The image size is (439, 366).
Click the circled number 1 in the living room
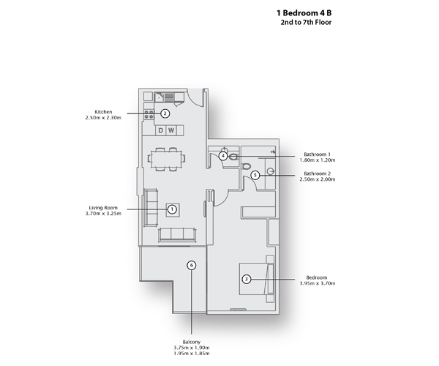coord(172,209)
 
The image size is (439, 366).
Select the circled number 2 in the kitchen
coord(165,113)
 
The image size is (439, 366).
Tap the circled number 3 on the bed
coord(247,279)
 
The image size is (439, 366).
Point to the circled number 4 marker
coord(222,155)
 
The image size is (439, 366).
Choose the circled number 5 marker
coord(255,175)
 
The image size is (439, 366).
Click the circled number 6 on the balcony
coord(192,265)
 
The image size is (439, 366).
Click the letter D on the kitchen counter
coord(161,130)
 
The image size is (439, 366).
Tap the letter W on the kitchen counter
coord(171,130)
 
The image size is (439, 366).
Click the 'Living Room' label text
coord(102,208)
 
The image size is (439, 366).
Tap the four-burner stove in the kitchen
coord(149,113)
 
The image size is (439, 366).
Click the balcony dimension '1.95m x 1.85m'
coord(192,354)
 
